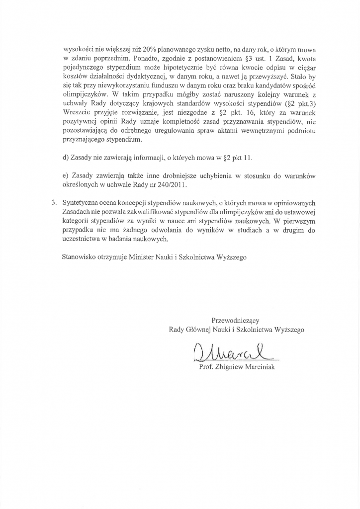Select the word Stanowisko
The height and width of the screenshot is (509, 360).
click(x=79, y=258)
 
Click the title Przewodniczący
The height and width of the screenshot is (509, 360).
click(x=235, y=320)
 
